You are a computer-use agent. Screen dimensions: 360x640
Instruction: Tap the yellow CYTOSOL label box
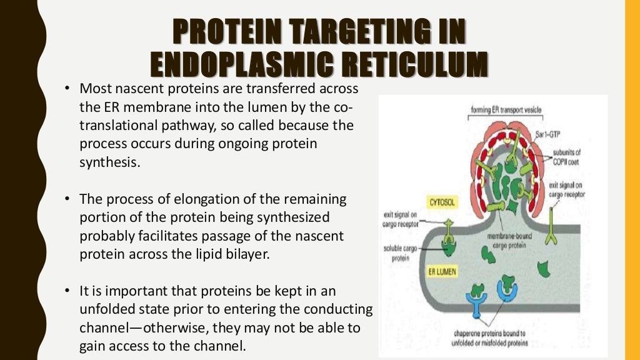tap(442, 202)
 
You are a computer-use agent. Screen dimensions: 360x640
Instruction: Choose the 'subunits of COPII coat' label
tap(569, 156)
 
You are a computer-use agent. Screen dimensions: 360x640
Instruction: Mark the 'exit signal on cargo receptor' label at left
tap(401, 220)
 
